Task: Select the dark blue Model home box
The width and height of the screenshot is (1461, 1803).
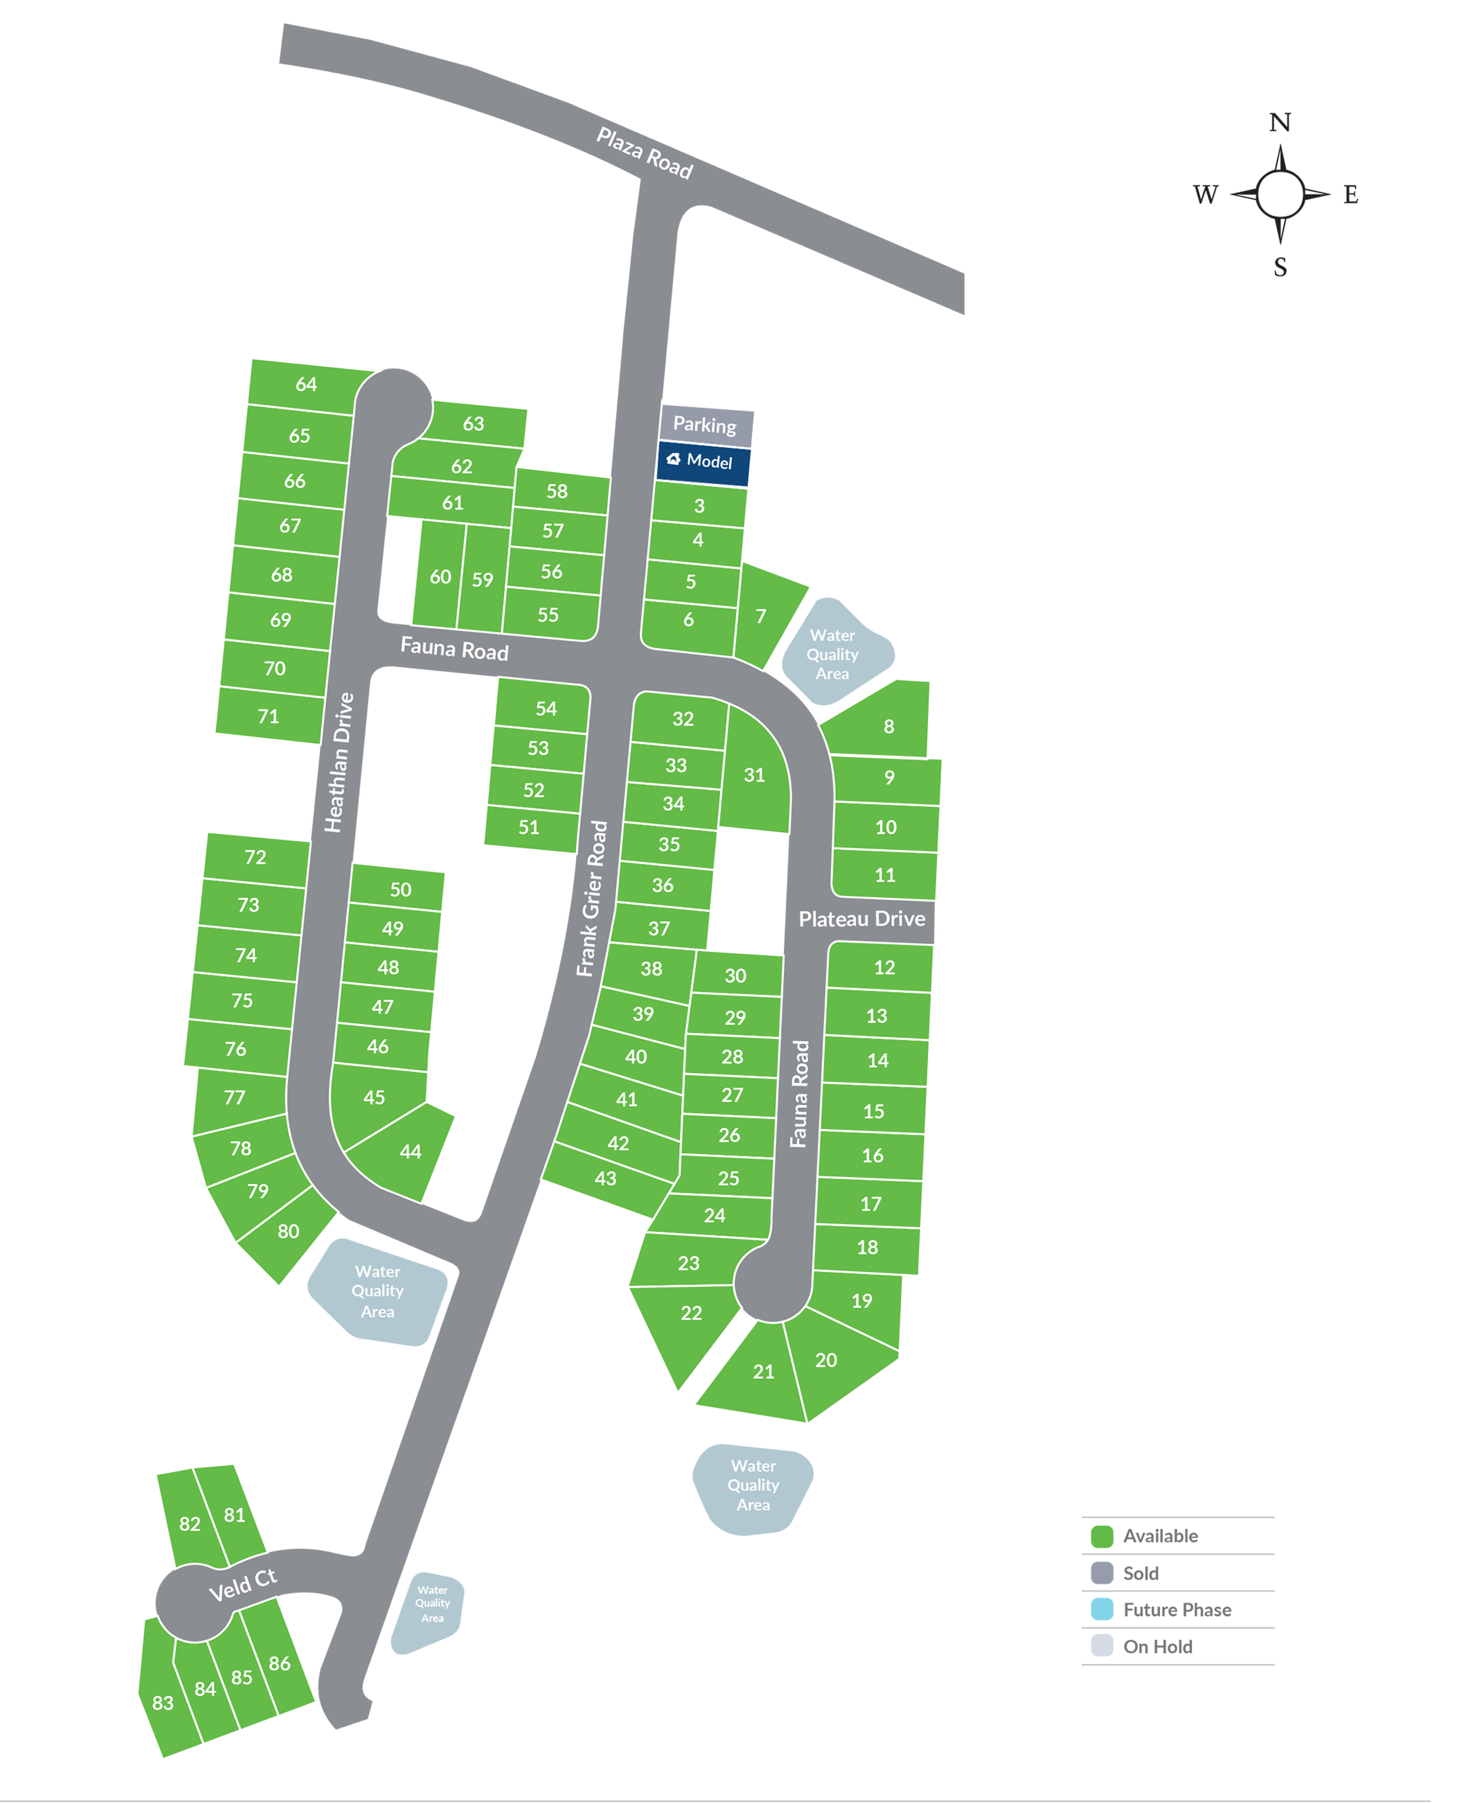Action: (703, 461)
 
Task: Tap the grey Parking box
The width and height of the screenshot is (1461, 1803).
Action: (705, 425)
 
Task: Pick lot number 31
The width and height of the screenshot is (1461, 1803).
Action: (754, 775)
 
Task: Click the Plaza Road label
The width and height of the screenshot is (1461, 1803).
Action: (645, 152)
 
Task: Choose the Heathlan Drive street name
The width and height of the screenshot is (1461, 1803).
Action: (339, 763)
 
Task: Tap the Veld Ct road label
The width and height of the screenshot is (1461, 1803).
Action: (242, 1585)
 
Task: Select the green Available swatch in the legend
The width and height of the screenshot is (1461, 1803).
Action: (1102, 1536)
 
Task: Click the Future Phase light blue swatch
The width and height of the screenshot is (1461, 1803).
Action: (1102, 1609)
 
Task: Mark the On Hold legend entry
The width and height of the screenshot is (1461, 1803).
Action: (1157, 1647)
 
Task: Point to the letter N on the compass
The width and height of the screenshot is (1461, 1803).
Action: (1279, 123)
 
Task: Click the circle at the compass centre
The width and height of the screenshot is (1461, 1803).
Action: (1280, 194)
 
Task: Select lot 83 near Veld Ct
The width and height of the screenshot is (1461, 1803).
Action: (163, 1703)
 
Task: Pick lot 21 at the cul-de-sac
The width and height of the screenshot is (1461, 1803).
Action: (763, 1371)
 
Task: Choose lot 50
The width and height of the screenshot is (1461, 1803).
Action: (400, 889)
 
